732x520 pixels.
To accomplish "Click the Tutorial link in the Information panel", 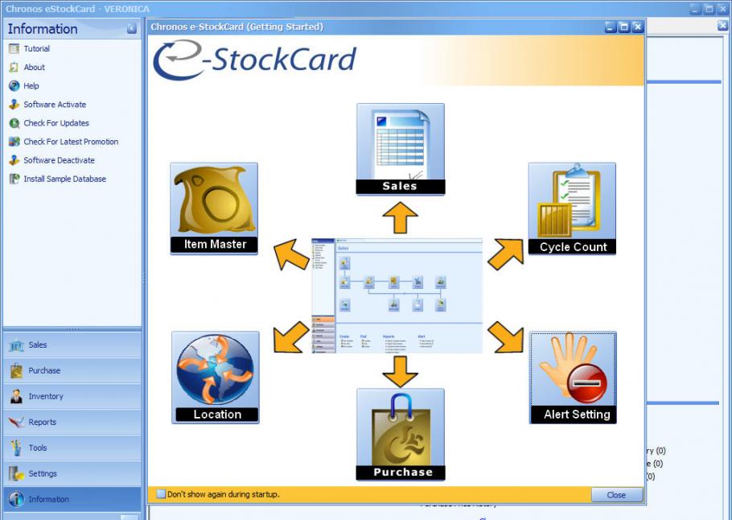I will click(x=36, y=49).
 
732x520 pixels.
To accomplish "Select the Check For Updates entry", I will click(x=56, y=123).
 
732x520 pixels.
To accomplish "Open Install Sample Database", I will click(x=64, y=179).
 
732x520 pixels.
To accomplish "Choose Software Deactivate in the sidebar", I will click(x=59, y=160).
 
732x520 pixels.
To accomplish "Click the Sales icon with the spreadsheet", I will click(x=400, y=148).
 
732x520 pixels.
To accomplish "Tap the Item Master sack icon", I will click(x=214, y=208).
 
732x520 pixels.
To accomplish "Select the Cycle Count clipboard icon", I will click(x=572, y=208).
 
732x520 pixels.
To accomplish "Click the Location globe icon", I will click(x=216, y=377).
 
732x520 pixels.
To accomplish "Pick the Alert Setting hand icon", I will click(x=573, y=377).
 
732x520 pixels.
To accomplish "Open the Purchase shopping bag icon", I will click(x=401, y=433).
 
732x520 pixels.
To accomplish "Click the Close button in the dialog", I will click(x=616, y=495).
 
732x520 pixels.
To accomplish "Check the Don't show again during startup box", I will click(x=161, y=494).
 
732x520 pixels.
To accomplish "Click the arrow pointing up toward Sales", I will click(x=400, y=218).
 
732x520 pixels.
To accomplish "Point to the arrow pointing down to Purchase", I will click(x=400, y=370).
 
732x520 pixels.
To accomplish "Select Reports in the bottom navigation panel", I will click(x=42, y=422).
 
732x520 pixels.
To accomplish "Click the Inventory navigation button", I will click(x=45, y=396).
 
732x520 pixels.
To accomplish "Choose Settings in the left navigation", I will click(x=43, y=473).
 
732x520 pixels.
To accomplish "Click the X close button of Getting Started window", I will click(x=638, y=27).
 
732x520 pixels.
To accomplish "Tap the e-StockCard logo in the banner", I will click(x=254, y=60).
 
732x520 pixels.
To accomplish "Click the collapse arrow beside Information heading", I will click(x=132, y=29).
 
